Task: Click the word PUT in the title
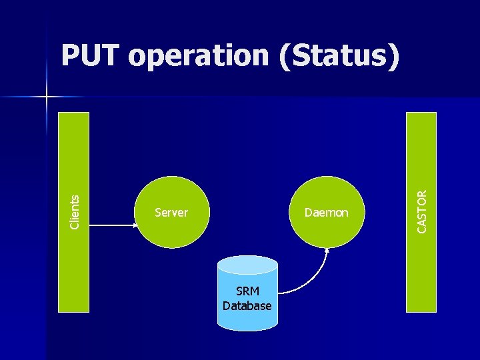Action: coord(91,57)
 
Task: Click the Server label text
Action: coord(171,213)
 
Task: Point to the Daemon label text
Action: coord(327,213)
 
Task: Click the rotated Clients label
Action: coord(75,211)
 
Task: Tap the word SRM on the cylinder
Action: coord(247,292)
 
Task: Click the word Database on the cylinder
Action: coord(247,306)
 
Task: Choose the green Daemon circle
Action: coord(327,193)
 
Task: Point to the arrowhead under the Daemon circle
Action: coord(327,251)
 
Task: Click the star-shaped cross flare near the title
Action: coord(47,97)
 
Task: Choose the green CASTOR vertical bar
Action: coord(422,280)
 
